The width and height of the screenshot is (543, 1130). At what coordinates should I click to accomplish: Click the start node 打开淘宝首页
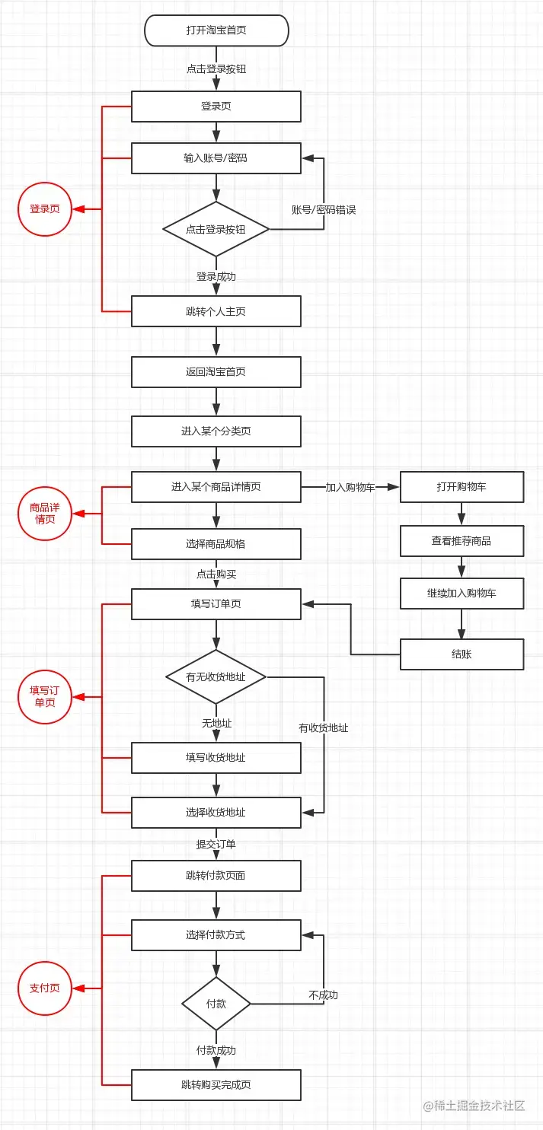point(216,31)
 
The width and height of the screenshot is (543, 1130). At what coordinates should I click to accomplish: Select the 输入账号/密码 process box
point(216,158)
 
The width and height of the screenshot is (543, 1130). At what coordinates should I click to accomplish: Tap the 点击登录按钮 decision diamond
point(216,229)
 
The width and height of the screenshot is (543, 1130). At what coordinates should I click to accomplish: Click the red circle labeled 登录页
point(45,209)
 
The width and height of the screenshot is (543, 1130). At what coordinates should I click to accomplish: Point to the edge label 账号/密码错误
point(324,209)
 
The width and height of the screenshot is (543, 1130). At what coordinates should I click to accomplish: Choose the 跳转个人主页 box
point(216,311)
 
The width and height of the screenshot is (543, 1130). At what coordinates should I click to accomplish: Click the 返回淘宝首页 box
point(216,372)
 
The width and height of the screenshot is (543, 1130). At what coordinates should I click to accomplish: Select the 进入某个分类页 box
point(216,431)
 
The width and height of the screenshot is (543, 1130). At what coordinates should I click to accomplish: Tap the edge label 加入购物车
point(350,488)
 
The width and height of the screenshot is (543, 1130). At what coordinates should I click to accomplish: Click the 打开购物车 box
point(462,487)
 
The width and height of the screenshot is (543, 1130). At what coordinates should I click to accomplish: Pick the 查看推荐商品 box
point(462,541)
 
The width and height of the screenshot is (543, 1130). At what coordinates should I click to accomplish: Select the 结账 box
point(462,654)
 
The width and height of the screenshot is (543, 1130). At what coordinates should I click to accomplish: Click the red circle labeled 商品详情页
point(45,514)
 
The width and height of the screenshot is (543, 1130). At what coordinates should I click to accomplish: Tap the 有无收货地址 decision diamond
point(216,676)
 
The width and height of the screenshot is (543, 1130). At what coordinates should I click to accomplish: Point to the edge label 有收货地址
point(324,728)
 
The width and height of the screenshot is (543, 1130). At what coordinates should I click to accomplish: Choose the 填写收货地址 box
point(216,758)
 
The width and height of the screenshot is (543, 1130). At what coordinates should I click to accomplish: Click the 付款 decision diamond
point(216,1004)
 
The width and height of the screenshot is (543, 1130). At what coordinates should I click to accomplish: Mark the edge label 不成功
point(323,995)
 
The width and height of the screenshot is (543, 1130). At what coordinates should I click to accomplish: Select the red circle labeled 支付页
point(45,988)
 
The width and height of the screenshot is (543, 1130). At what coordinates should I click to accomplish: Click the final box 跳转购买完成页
point(216,1084)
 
